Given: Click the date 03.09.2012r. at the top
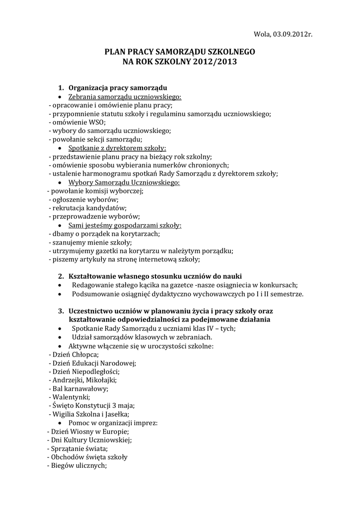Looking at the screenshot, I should click(x=291, y=34).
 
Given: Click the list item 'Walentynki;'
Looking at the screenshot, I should click(x=71, y=397).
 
